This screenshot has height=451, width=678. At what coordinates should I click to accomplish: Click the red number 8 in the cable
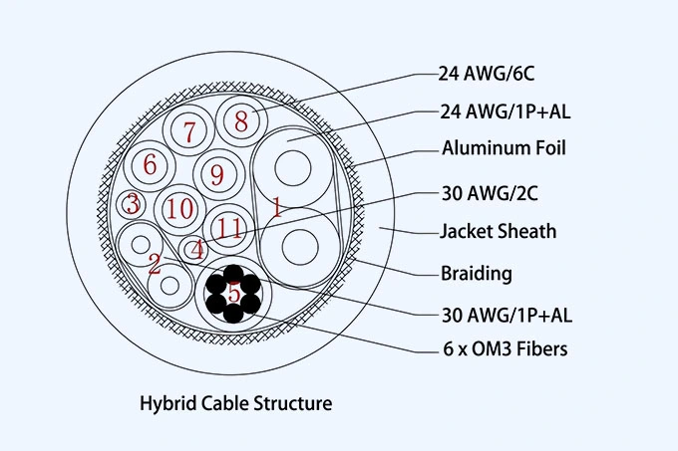(240, 121)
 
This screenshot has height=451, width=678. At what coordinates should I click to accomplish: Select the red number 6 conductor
(151, 164)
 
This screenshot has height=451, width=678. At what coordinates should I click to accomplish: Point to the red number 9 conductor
(216, 174)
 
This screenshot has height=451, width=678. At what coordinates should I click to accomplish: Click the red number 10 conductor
(180, 209)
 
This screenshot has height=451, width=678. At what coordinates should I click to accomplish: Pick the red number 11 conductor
(229, 227)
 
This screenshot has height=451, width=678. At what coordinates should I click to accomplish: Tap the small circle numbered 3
(131, 204)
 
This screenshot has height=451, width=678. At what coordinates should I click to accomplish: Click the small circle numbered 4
(198, 249)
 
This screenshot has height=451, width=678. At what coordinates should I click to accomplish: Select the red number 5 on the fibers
(233, 293)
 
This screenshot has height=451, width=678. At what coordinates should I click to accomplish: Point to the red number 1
(276, 208)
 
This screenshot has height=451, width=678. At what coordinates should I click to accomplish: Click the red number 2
(154, 264)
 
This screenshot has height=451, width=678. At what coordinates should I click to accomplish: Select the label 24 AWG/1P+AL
(505, 111)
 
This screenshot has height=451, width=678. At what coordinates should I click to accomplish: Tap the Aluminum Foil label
(504, 149)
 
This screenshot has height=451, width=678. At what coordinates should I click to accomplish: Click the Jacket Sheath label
(498, 232)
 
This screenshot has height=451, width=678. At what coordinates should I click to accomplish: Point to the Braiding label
(476, 273)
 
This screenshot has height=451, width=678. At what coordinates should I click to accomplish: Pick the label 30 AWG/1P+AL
(506, 315)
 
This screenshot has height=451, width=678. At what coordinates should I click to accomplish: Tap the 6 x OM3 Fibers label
(505, 349)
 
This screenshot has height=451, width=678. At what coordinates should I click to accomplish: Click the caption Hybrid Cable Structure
(235, 404)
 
